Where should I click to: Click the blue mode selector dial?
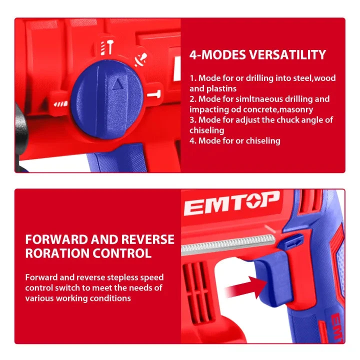107,99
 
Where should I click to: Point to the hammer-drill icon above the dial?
107,47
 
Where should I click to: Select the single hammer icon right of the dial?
154,94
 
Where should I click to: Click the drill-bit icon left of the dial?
60,104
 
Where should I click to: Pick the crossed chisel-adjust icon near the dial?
140,59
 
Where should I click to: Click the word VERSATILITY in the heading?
287,54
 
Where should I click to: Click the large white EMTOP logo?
232,203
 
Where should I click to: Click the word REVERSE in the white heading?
147,239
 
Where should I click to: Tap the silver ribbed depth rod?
228,245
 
